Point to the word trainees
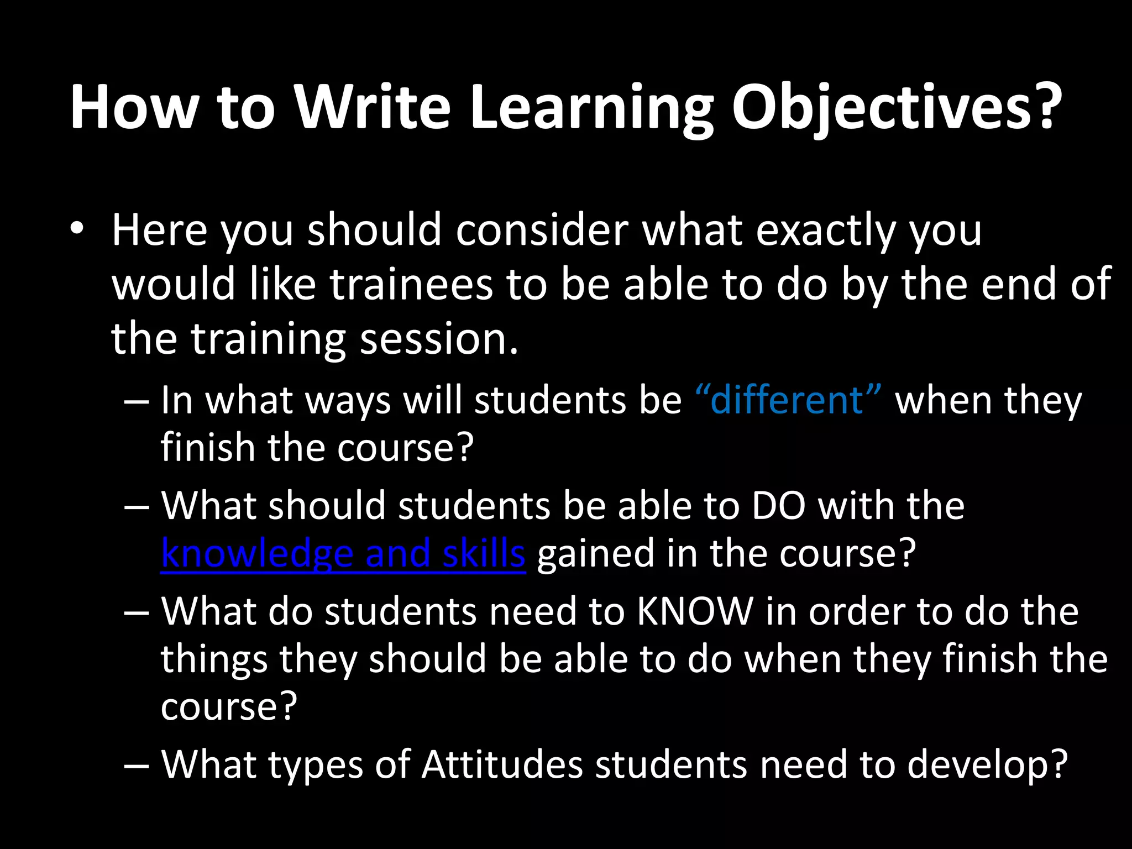(x=411, y=284)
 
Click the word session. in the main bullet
(x=439, y=338)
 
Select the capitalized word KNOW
(x=695, y=611)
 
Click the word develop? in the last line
(x=987, y=764)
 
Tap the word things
(x=214, y=659)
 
